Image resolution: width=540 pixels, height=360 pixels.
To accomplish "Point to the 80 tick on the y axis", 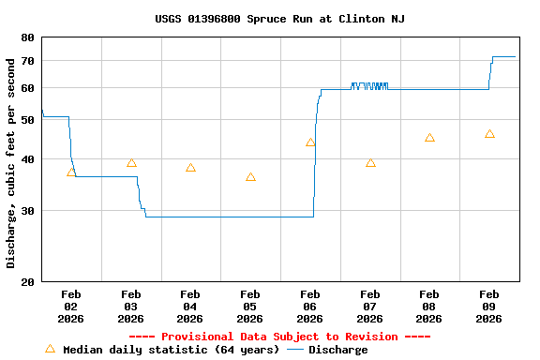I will point(26,37).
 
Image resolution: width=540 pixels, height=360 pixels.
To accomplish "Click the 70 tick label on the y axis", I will point(26,61).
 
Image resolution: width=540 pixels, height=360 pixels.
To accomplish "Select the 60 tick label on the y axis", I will point(26,88).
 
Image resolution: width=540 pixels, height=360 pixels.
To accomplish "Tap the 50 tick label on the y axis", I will point(26,120).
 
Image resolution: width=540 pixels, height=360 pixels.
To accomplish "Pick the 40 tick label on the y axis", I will point(26,159).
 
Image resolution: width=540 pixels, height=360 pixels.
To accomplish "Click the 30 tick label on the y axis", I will point(26,211).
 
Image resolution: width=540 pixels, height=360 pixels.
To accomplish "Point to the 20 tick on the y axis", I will point(26,281).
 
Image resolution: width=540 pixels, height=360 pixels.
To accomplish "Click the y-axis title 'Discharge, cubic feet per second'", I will point(11,162).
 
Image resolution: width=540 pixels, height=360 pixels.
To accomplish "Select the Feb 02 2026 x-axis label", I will point(71,306).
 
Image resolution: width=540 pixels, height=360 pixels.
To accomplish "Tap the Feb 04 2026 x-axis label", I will point(190,306).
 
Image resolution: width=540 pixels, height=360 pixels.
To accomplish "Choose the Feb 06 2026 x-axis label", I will point(310,306).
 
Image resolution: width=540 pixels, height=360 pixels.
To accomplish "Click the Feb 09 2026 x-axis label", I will point(489,306).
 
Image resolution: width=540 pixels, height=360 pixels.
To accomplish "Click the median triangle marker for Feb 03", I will point(131,163).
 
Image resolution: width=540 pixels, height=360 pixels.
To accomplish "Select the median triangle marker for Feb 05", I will point(250,177).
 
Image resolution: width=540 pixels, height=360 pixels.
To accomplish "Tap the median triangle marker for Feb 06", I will point(310,142).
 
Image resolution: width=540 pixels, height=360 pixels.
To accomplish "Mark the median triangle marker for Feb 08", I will point(429,138).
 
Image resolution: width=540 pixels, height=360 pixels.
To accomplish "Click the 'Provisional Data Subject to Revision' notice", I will point(279,337).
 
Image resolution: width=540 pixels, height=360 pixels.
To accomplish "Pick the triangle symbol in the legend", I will point(50,349).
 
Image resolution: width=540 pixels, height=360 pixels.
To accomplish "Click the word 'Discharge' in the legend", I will point(338,350).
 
